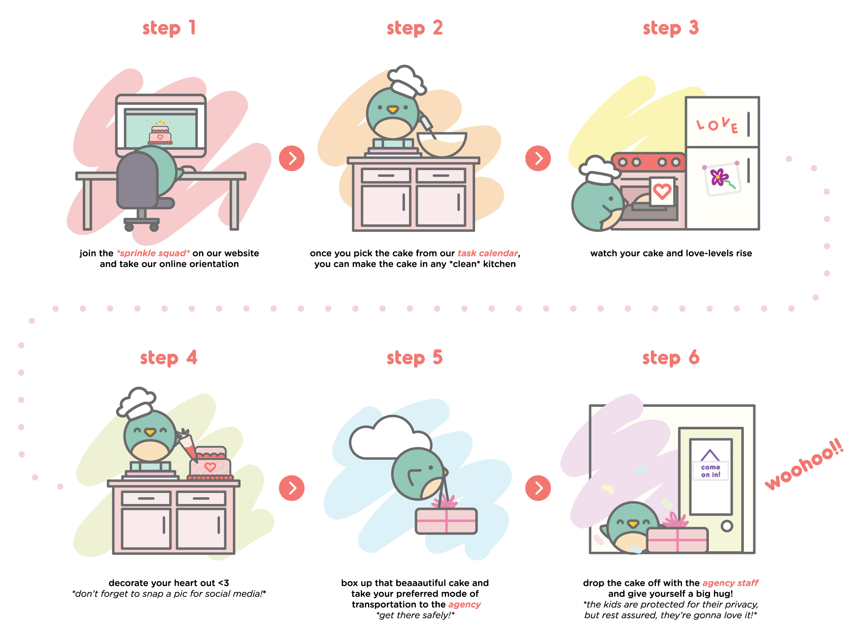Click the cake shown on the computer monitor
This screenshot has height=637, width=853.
(160, 135)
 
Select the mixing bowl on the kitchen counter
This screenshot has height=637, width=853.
(441, 144)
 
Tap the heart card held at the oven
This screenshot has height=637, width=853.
(662, 191)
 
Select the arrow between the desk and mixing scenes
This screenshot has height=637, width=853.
(293, 159)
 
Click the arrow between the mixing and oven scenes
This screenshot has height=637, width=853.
(539, 159)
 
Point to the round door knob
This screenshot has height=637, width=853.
(727, 526)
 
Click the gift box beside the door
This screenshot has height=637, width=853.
(677, 539)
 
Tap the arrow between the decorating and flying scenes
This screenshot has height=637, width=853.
(293, 488)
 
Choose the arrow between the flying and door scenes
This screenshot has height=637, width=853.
(539, 488)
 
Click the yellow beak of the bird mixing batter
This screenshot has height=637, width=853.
(393, 110)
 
